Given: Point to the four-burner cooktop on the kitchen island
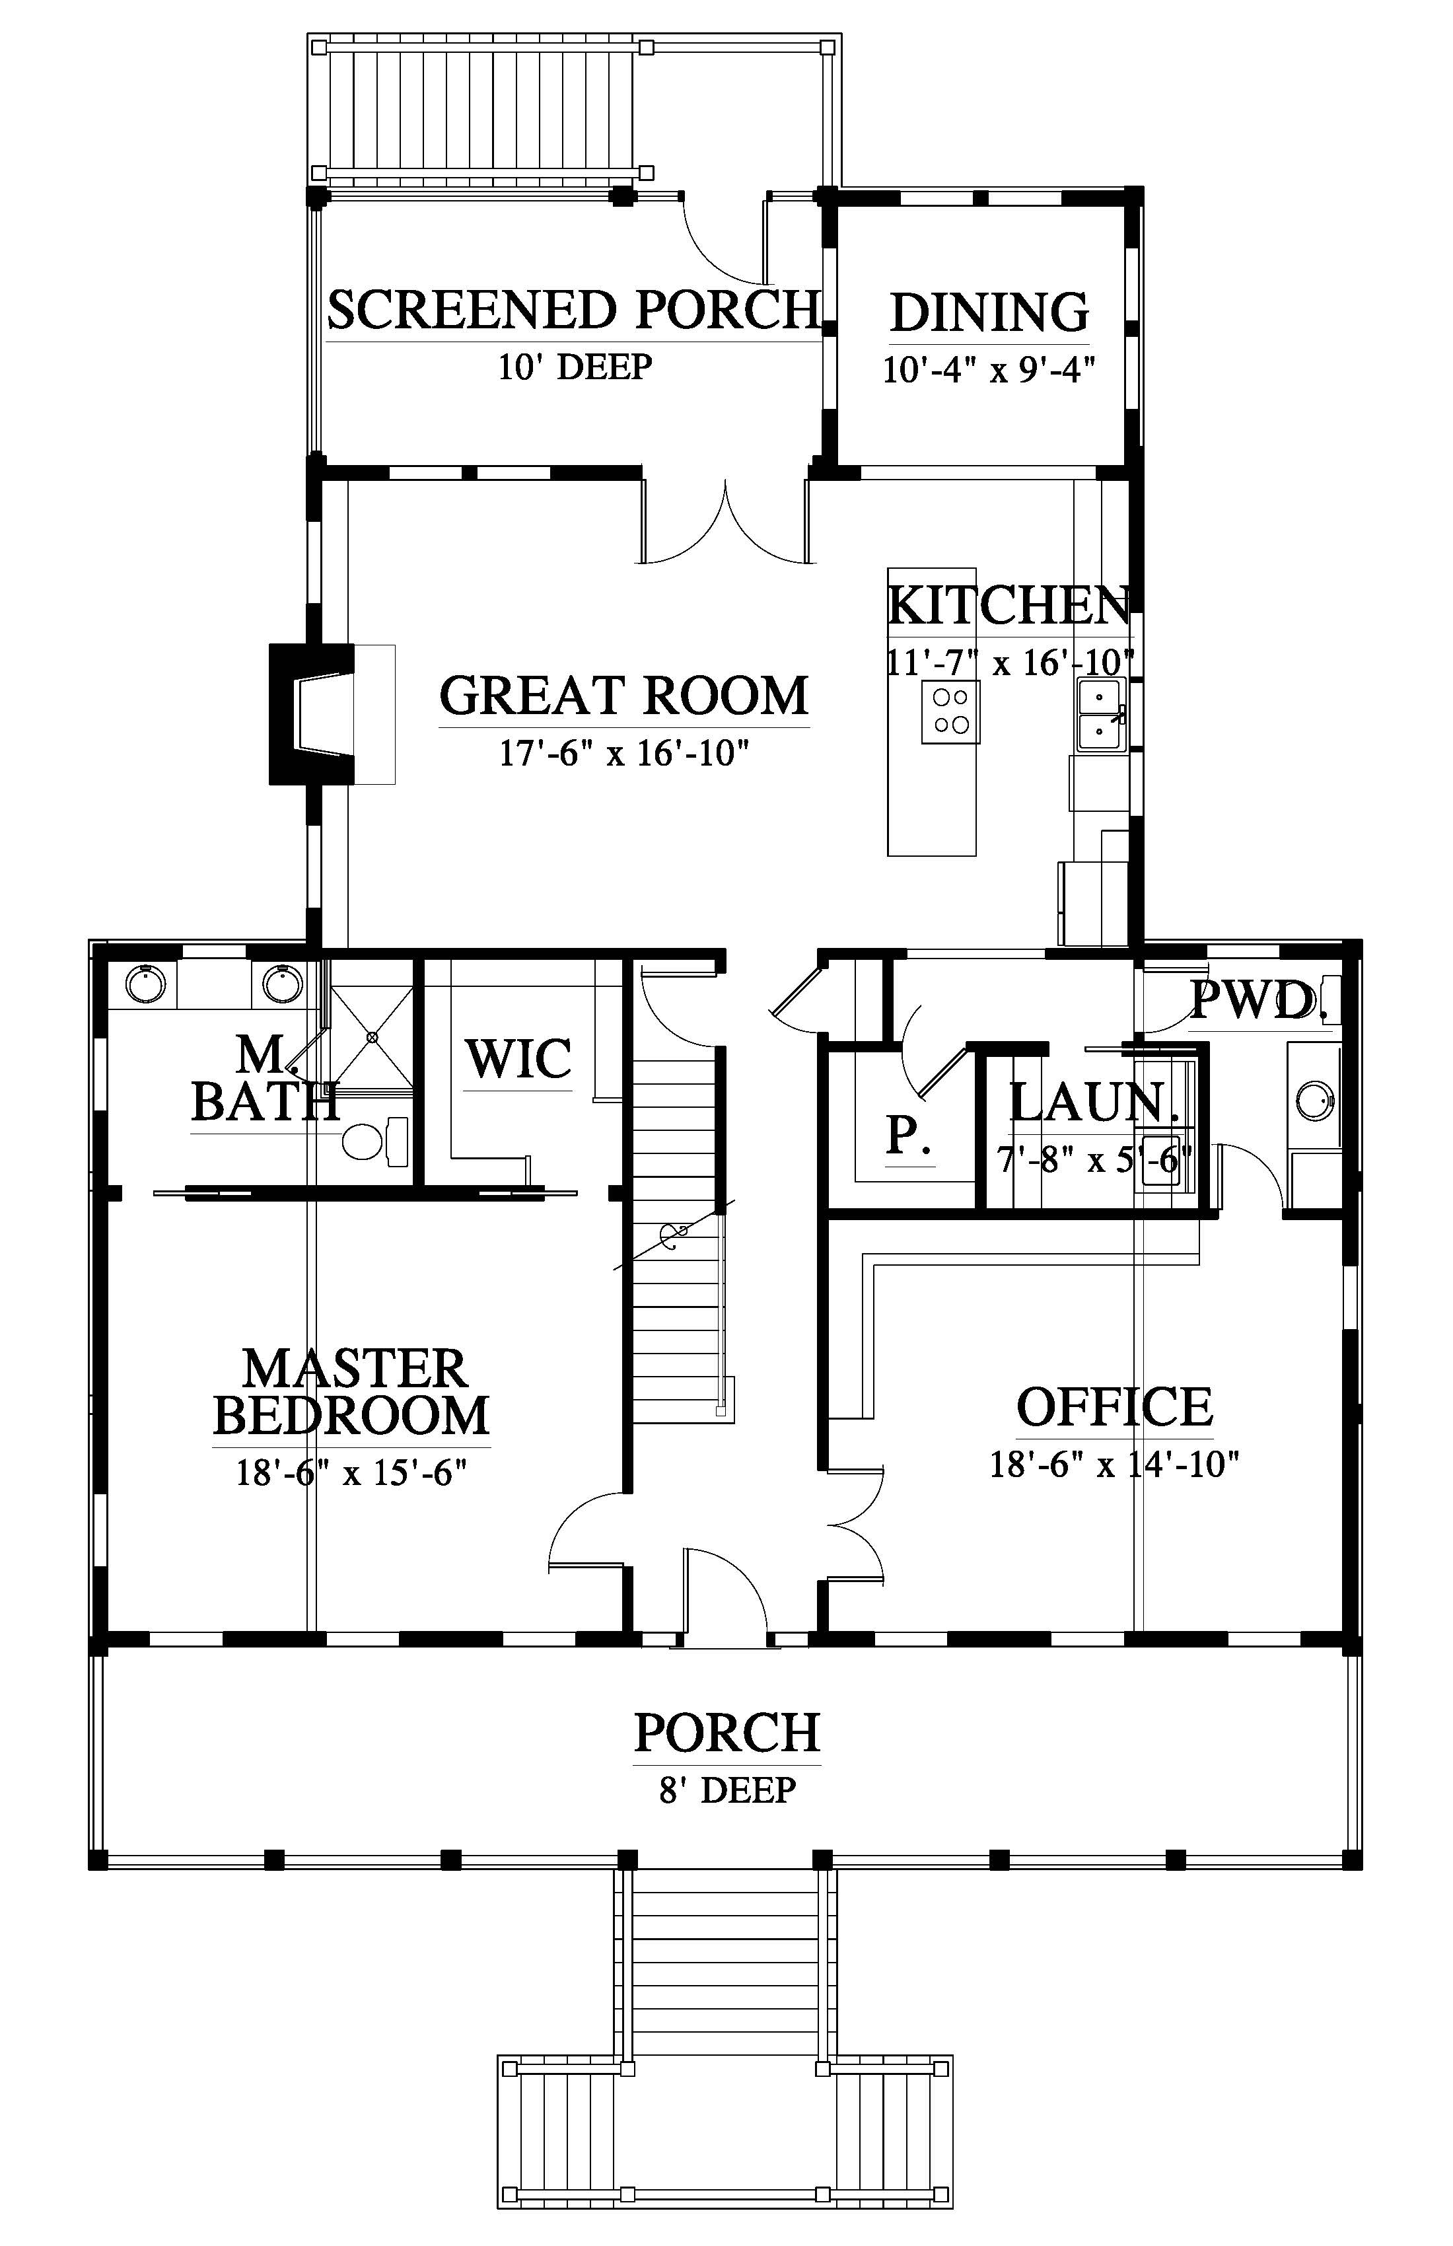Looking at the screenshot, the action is click(950, 711).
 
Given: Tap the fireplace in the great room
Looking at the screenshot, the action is click(311, 713).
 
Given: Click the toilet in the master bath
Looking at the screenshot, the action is click(374, 1141).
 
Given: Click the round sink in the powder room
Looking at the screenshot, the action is click(1314, 1101).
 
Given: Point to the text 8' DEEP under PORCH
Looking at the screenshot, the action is click(727, 1790).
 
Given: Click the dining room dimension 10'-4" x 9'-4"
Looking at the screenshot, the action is click(989, 369).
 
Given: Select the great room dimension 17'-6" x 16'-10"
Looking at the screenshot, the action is click(623, 753).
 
